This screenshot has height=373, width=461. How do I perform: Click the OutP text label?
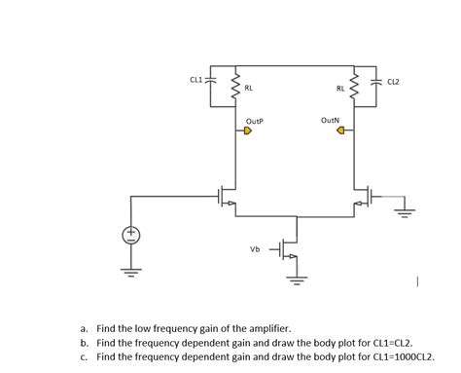point(255,121)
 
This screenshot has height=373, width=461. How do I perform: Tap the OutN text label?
point(330,121)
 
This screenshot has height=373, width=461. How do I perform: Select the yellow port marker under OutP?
point(247,133)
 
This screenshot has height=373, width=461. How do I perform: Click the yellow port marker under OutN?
point(341,133)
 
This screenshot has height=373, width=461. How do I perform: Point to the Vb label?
point(255,249)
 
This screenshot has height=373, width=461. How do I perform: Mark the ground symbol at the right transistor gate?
point(408,210)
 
